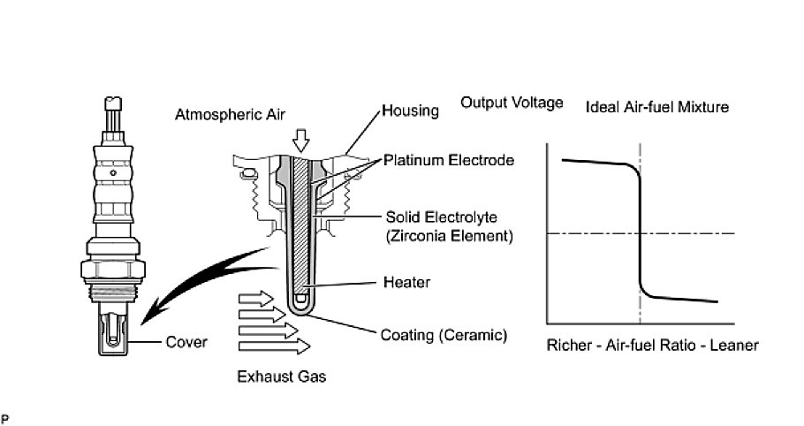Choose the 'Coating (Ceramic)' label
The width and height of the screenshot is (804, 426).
tap(444, 335)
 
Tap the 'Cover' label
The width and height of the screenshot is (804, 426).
tap(186, 342)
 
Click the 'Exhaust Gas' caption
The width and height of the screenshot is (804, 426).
tap(282, 377)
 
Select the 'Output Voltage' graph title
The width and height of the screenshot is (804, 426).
tap(512, 103)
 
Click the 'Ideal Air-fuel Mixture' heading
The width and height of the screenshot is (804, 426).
tap(657, 108)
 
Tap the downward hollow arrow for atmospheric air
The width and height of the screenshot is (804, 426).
tap(302, 139)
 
